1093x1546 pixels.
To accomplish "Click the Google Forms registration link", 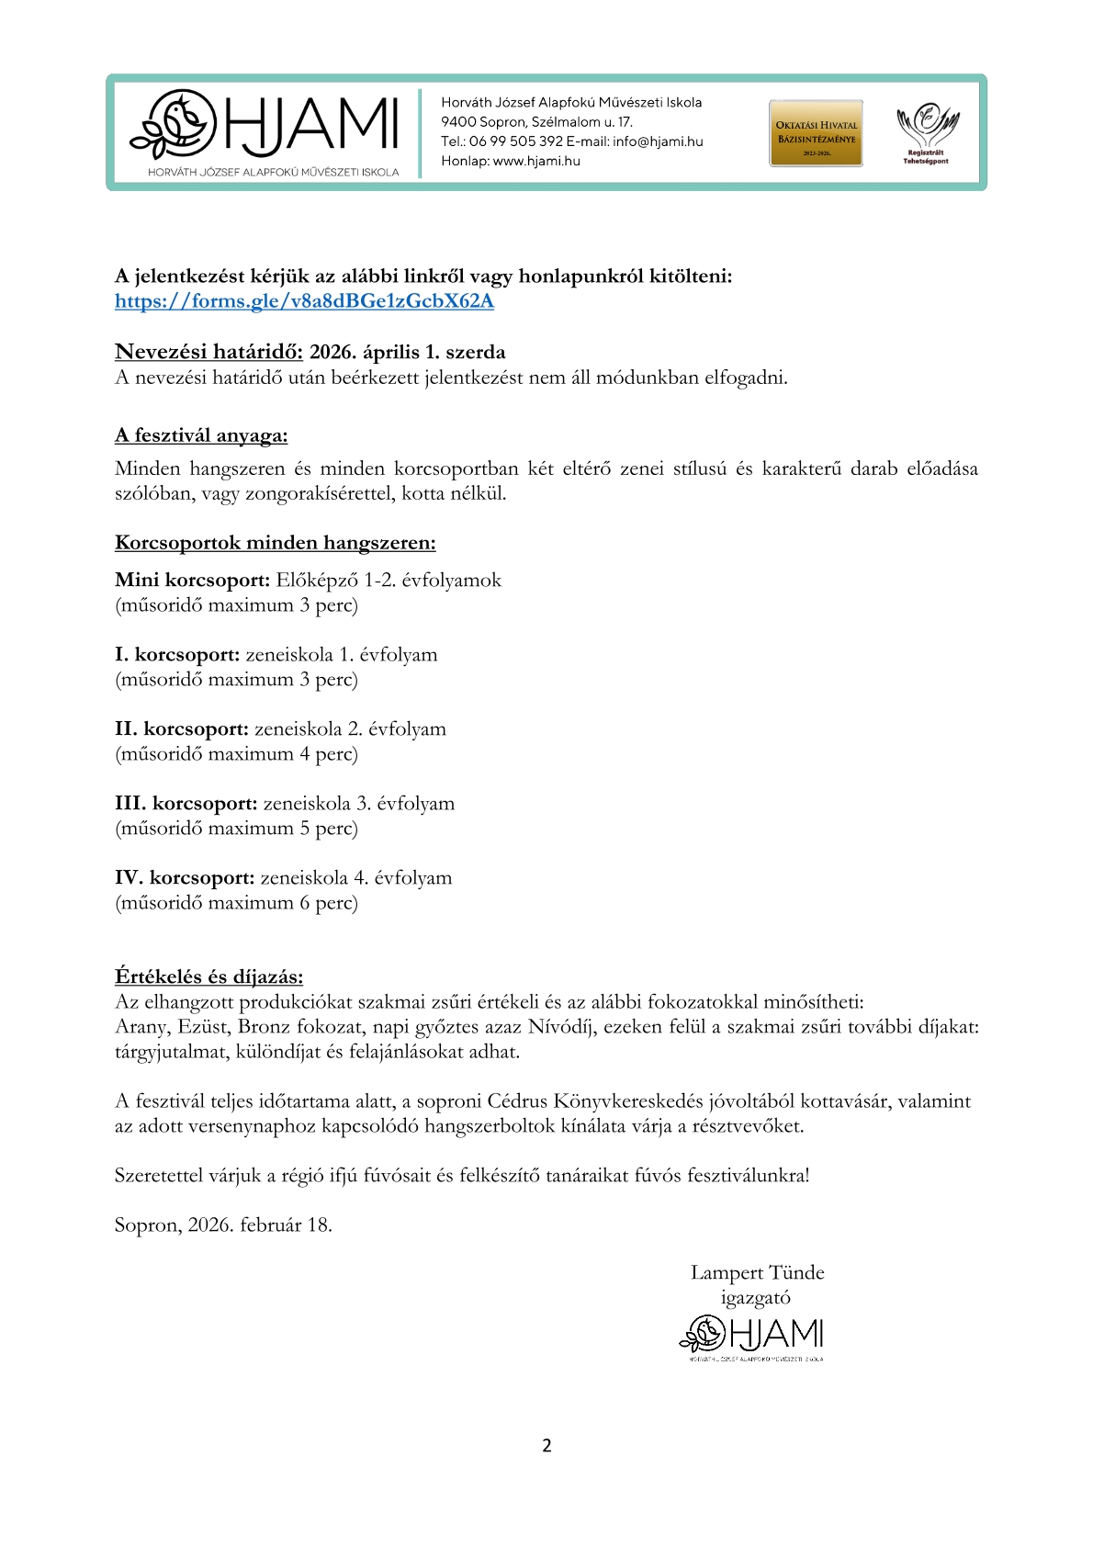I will [x=304, y=301].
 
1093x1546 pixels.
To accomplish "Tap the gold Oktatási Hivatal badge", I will [x=816, y=133].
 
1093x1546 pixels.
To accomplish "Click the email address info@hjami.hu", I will [x=658, y=141].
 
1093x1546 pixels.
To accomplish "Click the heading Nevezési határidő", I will [x=208, y=352].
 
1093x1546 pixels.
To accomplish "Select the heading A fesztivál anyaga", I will [x=201, y=435].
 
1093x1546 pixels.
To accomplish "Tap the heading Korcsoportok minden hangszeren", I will [x=275, y=543].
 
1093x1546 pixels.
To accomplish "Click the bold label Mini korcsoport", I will [x=192, y=581].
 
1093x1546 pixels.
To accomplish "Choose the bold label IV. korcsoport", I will [x=185, y=878].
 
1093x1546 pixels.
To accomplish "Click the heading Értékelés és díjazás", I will [x=208, y=976].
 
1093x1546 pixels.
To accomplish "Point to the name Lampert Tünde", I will [x=757, y=1273].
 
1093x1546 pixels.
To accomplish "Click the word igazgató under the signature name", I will [x=755, y=1298].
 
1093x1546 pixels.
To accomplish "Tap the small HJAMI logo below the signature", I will [x=751, y=1337].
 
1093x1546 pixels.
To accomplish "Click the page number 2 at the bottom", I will [x=546, y=1446].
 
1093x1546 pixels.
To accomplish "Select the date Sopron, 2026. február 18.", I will [x=223, y=1225].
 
